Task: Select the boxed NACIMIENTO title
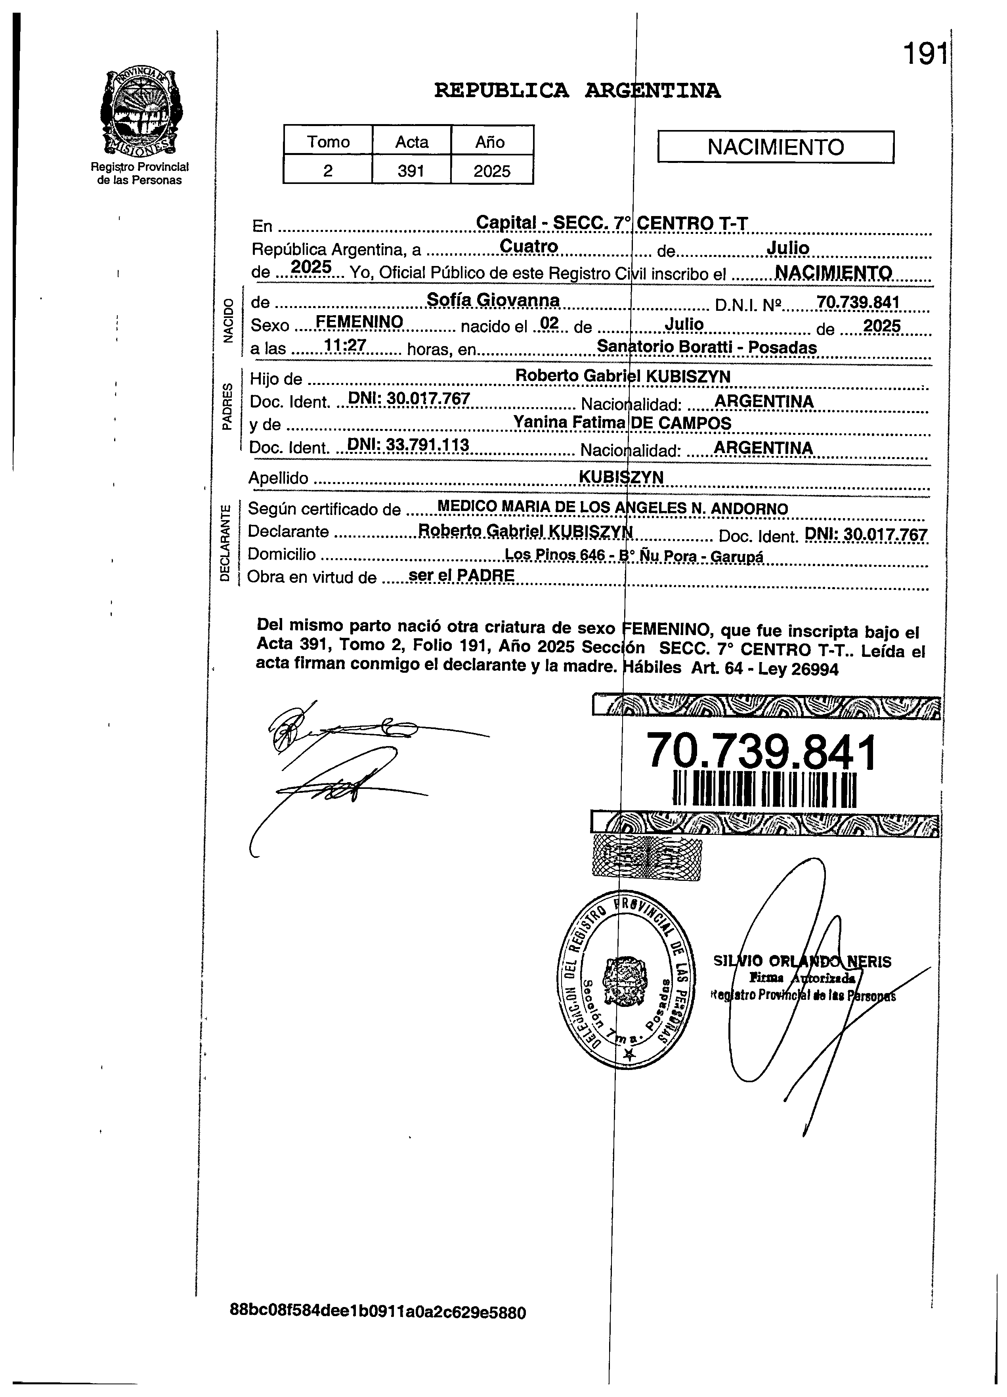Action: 776,147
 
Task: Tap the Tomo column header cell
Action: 328,142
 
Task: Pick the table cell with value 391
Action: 411,170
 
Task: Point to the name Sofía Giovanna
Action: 493,300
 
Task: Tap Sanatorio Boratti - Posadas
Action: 707,347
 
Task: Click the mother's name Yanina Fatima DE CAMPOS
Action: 622,423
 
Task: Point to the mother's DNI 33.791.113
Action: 408,445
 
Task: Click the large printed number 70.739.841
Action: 761,752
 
